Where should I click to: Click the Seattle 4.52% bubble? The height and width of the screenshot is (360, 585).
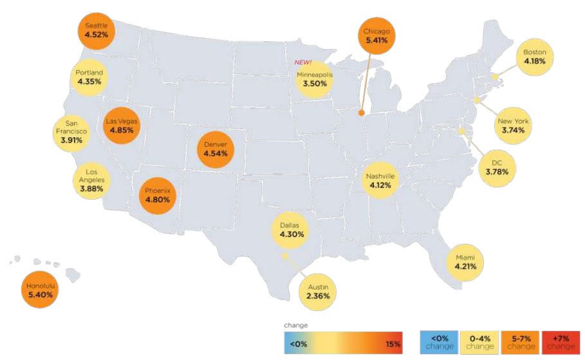point(97,30)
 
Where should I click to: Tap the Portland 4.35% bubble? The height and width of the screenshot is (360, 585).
point(89,77)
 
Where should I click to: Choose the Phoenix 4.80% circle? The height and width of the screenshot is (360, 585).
point(157,195)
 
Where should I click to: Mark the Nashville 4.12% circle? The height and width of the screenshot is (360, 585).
point(380,180)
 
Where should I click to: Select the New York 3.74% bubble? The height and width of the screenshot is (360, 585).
point(512,125)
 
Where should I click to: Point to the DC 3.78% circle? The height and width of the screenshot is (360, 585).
point(496,166)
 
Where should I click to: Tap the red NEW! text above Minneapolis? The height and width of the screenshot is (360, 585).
point(303,62)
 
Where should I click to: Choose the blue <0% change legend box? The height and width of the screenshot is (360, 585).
point(439,342)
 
